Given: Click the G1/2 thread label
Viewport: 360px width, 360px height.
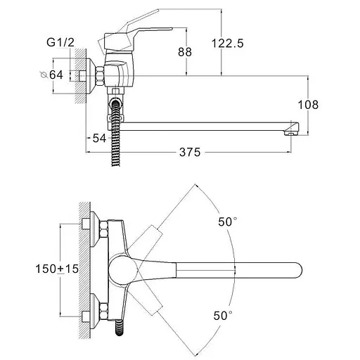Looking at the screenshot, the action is pyautogui.click(x=60, y=42).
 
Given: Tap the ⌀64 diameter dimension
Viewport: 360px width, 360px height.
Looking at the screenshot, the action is pyautogui.click(x=51, y=75).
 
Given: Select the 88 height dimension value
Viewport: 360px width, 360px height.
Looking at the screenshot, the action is pyautogui.click(x=185, y=52).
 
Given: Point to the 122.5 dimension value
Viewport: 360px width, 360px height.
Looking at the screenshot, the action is pyautogui.click(x=228, y=44).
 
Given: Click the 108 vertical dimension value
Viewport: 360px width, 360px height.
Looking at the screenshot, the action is pyautogui.click(x=308, y=105).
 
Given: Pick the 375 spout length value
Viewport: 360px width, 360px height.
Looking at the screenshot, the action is pyautogui.click(x=190, y=152).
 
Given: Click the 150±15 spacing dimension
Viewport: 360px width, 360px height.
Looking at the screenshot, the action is pyautogui.click(x=57, y=269).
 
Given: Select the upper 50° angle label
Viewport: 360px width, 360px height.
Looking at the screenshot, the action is pyautogui.click(x=228, y=221).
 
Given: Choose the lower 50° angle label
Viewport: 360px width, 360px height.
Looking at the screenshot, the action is pyautogui.click(x=223, y=316).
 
